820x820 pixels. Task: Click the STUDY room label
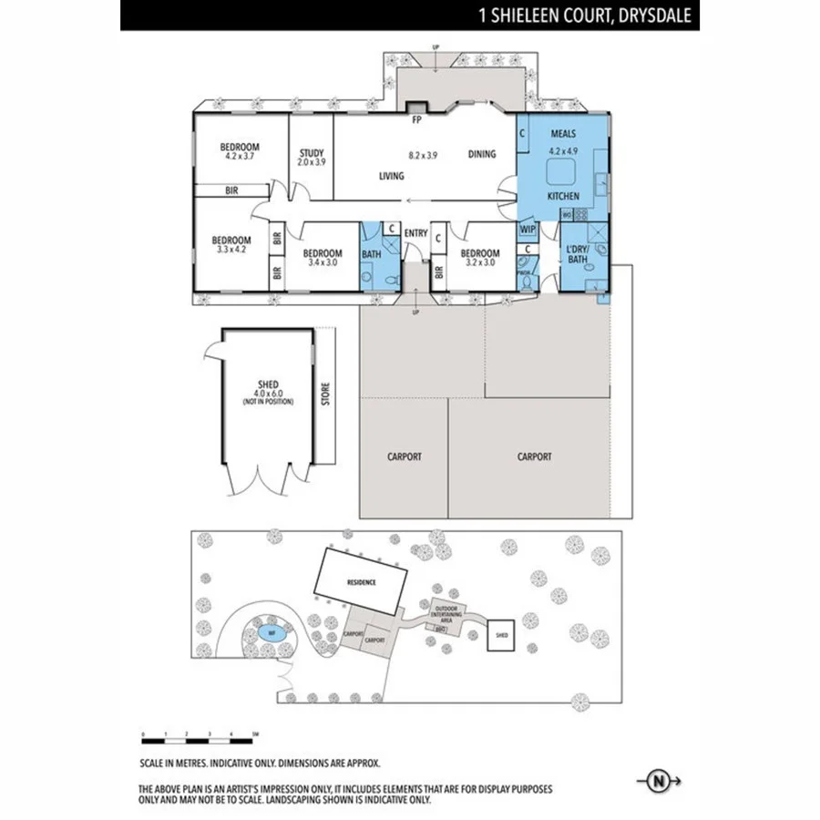[312, 153]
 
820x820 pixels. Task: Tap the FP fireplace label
[417, 119]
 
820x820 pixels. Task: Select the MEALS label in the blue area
[563, 134]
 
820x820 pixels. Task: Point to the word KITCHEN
[563, 196]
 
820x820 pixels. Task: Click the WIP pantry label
[528, 230]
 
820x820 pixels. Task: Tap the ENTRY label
[415, 233]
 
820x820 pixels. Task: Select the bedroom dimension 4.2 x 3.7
[240, 157]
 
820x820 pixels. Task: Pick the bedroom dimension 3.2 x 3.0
[479, 262]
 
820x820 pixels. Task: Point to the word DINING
[482, 154]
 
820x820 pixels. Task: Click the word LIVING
[392, 176]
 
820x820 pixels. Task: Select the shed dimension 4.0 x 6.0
[268, 394]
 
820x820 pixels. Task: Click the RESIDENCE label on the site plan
[361, 580]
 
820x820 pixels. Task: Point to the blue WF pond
[270, 630]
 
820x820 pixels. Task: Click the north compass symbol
[656, 781]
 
